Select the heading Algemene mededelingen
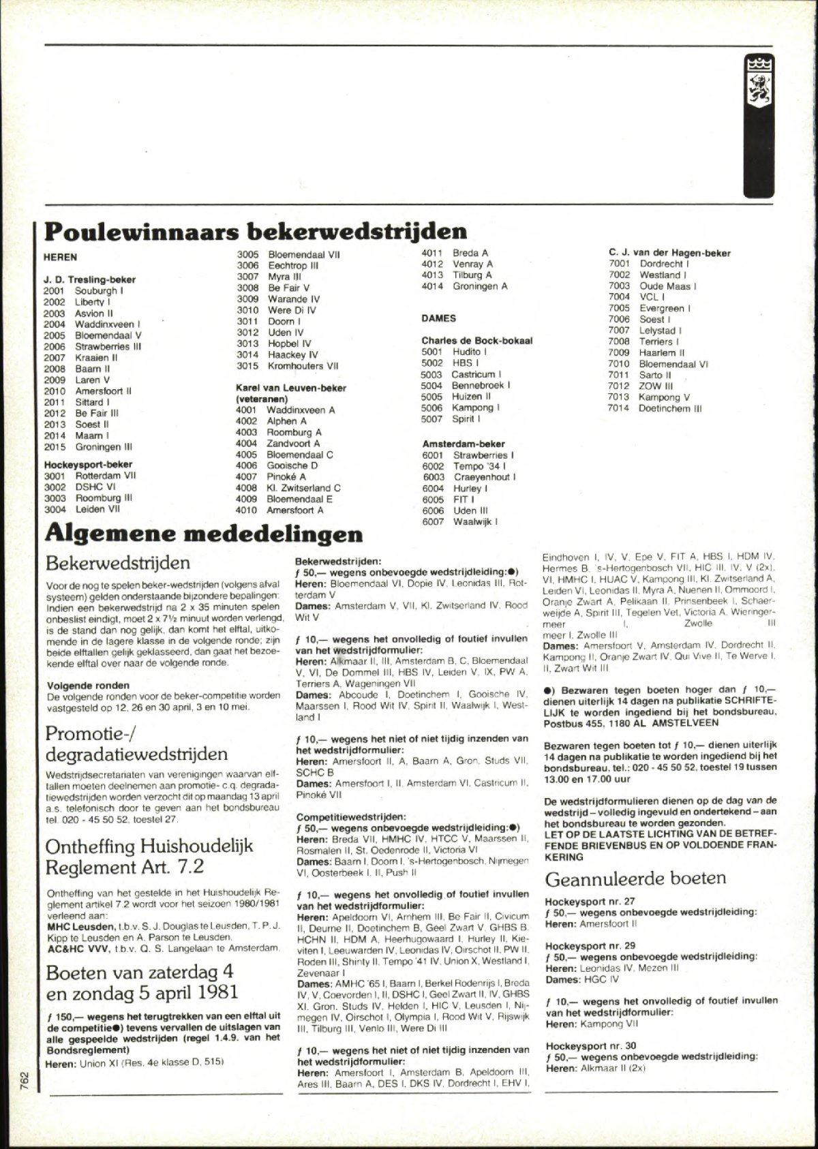203,533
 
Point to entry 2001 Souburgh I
83,291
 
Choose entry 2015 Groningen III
88,447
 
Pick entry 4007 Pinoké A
271,477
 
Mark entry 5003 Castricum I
461,374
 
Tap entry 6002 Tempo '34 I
464,466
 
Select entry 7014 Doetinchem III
654,409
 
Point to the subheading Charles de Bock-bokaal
477,341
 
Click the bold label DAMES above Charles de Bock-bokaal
438,318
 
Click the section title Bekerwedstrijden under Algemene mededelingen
117,564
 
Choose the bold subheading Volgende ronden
88,686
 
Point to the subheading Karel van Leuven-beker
291,388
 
